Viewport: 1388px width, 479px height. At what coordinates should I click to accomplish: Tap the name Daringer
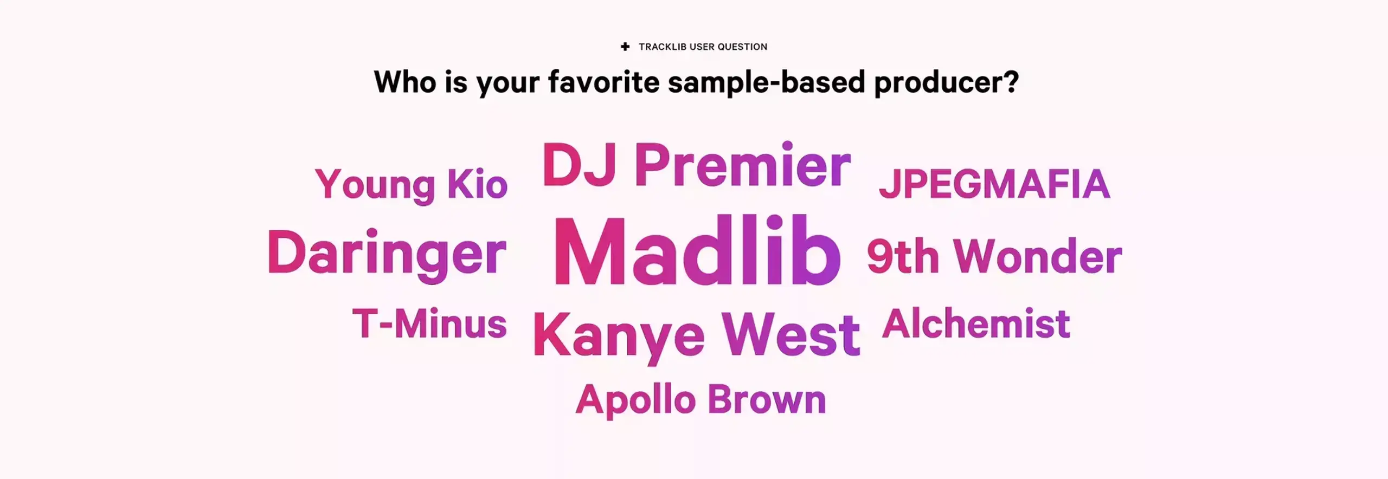(x=387, y=255)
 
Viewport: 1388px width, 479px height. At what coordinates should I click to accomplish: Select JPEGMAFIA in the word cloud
(x=994, y=184)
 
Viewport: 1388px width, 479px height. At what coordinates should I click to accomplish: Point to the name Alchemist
(x=976, y=323)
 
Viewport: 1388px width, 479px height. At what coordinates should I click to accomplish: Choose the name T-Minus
(x=429, y=323)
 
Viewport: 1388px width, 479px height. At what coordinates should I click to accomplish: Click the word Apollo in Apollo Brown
(x=635, y=400)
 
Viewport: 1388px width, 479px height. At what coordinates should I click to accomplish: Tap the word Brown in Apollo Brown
(x=767, y=399)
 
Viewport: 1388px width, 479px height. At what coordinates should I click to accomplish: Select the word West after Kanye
(x=791, y=334)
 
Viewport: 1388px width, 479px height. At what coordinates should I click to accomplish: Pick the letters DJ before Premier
(x=579, y=165)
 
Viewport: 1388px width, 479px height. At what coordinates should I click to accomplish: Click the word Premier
(x=743, y=165)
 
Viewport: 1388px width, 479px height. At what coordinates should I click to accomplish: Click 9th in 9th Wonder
(x=903, y=256)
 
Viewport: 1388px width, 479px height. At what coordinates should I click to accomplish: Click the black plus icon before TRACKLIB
(x=625, y=47)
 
